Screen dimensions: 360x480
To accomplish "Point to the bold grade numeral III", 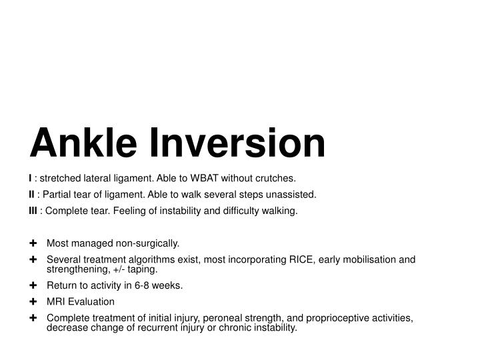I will [x=33, y=211].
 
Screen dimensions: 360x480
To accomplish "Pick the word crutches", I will [x=273, y=178].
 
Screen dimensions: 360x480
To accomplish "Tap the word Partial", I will [x=59, y=195].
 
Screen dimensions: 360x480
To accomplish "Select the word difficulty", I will [x=238, y=211].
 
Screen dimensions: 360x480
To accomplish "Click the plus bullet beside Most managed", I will [x=33, y=243].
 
